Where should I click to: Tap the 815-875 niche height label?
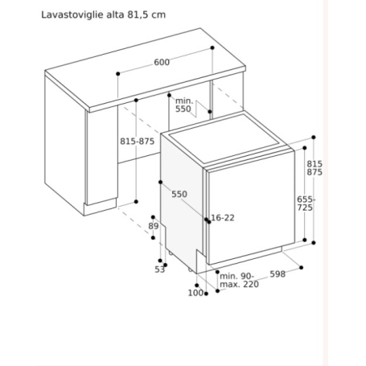(136, 141)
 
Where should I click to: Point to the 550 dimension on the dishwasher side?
(179, 195)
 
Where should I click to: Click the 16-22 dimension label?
(224, 219)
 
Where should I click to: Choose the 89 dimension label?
(154, 227)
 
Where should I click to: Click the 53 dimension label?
(159, 269)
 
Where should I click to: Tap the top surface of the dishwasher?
(224, 137)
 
